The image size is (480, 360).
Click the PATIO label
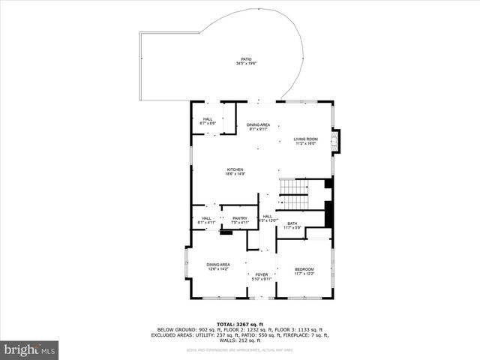coord(246,59)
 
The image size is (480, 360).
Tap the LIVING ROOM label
coord(305,139)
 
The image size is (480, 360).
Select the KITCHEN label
coord(235,169)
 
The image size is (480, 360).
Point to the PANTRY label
coord(240,218)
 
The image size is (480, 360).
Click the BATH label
coord(292,223)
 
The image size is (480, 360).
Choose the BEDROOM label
coord(304,269)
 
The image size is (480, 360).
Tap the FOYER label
coord(261,274)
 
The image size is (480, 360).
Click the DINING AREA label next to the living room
coord(259,124)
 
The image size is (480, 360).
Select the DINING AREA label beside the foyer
coord(218,264)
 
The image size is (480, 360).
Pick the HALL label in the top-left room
coord(208,118)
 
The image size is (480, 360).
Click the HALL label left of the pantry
coord(206,218)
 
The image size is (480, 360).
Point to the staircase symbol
coord(295,195)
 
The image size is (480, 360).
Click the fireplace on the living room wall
coord(336,140)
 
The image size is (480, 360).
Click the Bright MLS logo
coord(29,349)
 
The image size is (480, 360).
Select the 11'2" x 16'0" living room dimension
coord(305,143)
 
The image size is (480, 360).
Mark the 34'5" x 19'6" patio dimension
coord(246,64)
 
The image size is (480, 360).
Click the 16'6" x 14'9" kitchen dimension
coord(235,174)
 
